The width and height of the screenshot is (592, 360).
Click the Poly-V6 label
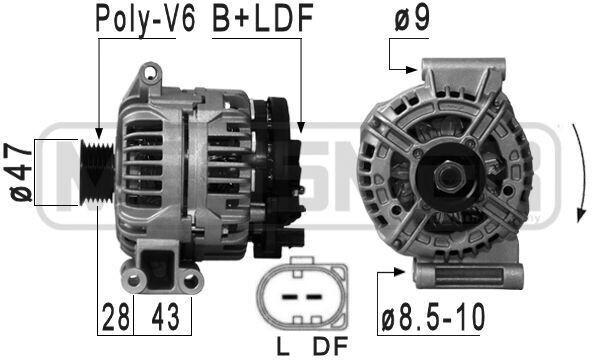tap(145, 19)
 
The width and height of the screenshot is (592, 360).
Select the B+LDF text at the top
tap(263, 18)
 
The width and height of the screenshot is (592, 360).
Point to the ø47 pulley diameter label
tap(20, 172)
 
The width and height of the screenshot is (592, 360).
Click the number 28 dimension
tap(116, 317)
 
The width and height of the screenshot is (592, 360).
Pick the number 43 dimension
tap(165, 317)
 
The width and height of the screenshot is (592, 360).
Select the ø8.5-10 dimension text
tap(433, 317)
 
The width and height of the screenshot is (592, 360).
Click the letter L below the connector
tap(283, 346)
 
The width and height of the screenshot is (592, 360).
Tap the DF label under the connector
tap(330, 346)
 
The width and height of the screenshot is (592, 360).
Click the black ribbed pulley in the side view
tap(97, 173)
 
